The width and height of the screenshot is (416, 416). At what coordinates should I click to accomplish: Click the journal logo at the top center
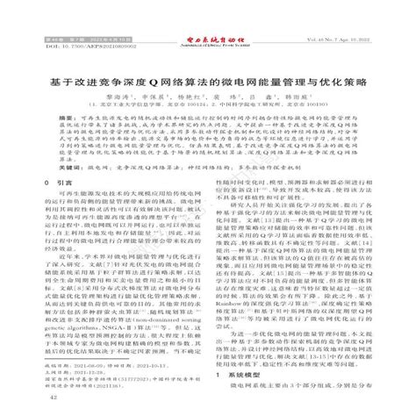coord(207,16)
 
